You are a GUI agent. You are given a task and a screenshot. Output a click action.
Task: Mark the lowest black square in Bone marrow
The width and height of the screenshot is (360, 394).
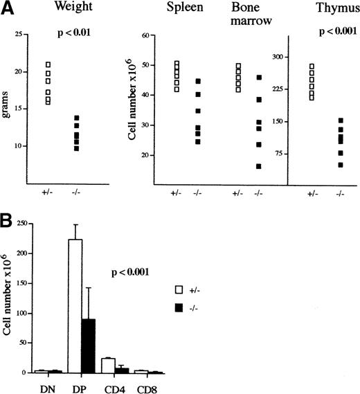[259, 166]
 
